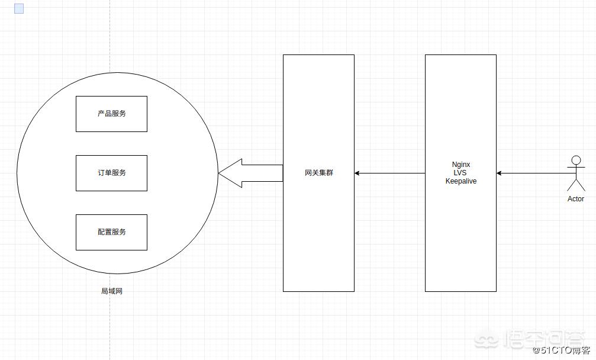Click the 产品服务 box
click(x=111, y=114)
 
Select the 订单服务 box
click(x=111, y=173)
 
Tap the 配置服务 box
click(x=111, y=232)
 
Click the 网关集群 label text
click(x=318, y=173)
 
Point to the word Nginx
click(x=461, y=165)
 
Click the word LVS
click(x=461, y=173)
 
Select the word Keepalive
click(x=461, y=181)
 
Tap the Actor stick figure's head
click(x=575, y=160)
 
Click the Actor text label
click(x=575, y=199)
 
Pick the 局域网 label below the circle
click(x=111, y=291)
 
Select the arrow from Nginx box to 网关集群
click(x=391, y=173)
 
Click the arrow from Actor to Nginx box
click(x=533, y=173)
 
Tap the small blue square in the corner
click(x=19, y=9)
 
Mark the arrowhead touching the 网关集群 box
click(x=357, y=173)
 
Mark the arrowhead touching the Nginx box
click(x=500, y=173)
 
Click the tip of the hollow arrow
click(x=220, y=173)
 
